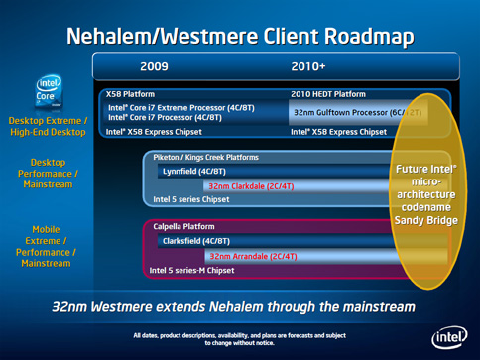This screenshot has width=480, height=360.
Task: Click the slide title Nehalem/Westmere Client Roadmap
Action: pos(240,36)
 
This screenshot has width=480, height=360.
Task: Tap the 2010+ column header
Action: pos(308,67)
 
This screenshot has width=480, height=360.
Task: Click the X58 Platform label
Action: pos(131,93)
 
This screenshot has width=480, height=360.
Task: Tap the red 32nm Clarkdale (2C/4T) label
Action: pos(249,185)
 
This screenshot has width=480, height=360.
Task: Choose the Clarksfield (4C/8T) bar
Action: pos(197,241)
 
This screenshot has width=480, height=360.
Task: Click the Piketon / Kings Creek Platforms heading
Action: pos(205,157)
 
